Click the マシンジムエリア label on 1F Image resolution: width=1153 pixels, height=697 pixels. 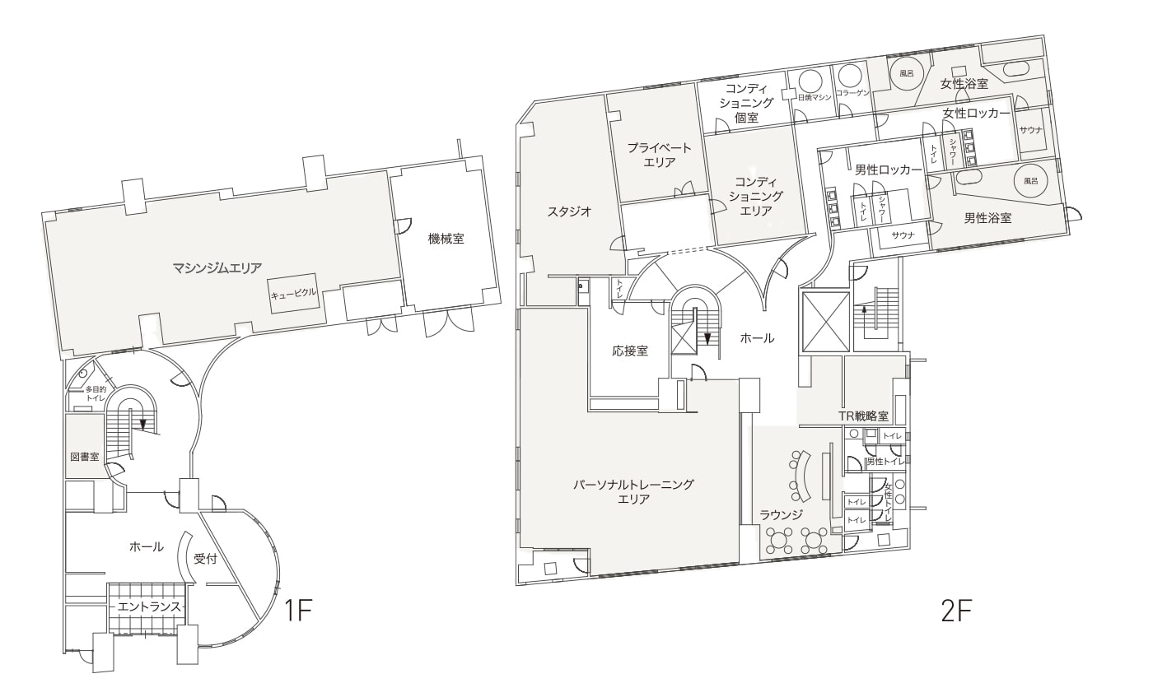(217, 268)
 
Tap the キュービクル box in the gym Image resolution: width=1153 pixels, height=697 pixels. (293, 293)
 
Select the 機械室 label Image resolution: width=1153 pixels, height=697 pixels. (446, 239)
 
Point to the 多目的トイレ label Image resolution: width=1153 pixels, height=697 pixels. (96, 393)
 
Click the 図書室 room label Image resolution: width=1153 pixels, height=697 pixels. (84, 457)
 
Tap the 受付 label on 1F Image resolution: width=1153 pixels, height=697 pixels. (205, 559)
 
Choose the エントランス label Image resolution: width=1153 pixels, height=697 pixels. (149, 606)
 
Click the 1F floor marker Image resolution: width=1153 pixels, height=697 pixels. (298, 611)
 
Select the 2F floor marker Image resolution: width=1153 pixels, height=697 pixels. (956, 611)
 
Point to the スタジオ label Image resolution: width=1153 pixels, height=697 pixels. (569, 211)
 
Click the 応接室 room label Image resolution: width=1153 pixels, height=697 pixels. (630, 351)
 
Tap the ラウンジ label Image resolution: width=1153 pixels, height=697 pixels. (781, 514)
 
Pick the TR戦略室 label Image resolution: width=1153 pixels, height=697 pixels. (863, 416)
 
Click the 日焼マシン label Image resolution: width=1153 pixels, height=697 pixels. (815, 97)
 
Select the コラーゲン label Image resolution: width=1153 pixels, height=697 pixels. (852, 93)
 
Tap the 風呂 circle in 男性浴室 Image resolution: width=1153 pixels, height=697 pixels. (1030, 180)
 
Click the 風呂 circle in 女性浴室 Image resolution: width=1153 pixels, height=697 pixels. (906, 73)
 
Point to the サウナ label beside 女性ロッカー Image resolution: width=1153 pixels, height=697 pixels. (1030, 130)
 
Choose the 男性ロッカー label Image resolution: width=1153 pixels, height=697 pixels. (888, 170)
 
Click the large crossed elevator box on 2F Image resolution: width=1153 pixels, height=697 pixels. (825, 322)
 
